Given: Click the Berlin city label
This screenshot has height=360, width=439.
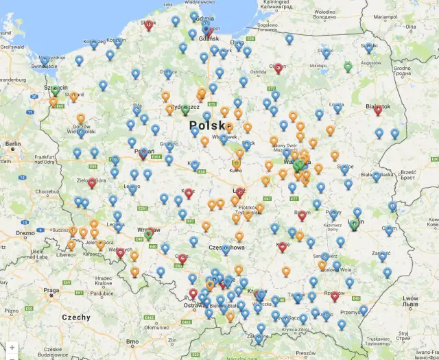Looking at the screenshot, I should coord(13,145).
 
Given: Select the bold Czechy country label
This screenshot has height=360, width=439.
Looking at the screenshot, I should coord(75,317).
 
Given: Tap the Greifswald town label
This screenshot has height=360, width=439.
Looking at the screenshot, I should coord(12,47).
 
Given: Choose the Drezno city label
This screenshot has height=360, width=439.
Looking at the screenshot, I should coord(25,233).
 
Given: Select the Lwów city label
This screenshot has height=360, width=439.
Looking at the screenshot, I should coord(411,298).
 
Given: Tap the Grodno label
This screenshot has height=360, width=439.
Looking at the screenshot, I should coord(401,69).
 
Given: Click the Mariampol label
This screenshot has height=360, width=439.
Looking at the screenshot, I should coord(381,15).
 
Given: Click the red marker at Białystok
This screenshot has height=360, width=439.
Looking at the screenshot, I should coord(378,110).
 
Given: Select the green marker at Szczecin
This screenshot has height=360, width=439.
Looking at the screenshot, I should coord(55,91).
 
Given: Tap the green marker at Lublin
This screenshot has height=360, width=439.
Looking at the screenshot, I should coord(355,224).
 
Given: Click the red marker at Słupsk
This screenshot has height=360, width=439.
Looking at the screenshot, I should coord(149,25).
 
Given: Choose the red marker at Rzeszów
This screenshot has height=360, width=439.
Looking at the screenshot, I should coord(335,296).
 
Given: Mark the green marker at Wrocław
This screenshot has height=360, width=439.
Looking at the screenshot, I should coord(148,235).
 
